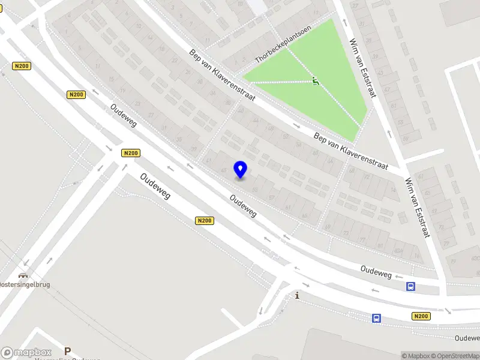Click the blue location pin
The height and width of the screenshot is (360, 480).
241,169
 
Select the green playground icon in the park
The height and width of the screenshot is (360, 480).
316,82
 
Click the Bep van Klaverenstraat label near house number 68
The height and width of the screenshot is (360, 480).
351,151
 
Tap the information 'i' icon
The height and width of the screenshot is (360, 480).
296,295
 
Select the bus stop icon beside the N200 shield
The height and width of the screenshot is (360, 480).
376,318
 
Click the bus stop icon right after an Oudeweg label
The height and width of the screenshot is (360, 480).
410,286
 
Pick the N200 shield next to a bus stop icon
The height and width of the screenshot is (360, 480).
421,316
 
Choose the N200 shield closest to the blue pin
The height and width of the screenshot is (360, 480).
204,221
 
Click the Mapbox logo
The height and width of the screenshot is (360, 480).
25,353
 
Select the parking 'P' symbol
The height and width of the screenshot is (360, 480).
68,351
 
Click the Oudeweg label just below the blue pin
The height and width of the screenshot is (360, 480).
243,205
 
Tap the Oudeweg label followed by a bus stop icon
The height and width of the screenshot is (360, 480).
376,272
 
